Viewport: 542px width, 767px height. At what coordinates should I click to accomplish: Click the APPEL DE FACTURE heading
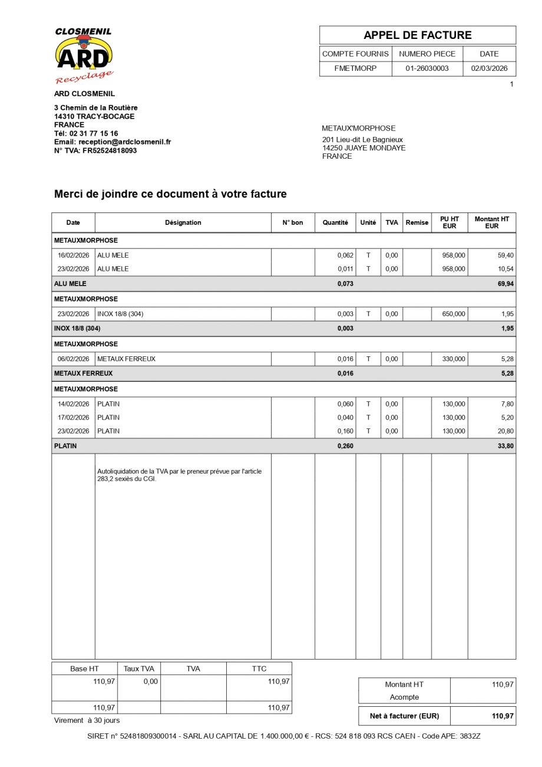pyautogui.click(x=417, y=35)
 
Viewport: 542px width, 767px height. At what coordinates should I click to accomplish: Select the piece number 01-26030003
pyautogui.click(x=427, y=68)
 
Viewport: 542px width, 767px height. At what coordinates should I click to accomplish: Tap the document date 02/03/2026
pyautogui.click(x=489, y=68)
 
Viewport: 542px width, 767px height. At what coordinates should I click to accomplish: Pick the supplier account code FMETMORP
pyautogui.click(x=355, y=68)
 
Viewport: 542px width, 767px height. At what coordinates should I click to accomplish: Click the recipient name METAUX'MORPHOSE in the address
pyautogui.click(x=358, y=128)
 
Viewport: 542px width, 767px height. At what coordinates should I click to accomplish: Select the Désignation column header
pyautogui.click(x=183, y=222)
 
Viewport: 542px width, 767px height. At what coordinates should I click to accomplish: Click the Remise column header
pyautogui.click(x=417, y=222)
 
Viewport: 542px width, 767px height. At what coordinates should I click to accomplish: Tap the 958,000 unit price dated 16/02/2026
pyautogui.click(x=453, y=255)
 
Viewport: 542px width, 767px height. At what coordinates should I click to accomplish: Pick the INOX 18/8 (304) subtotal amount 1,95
pyautogui.click(x=507, y=329)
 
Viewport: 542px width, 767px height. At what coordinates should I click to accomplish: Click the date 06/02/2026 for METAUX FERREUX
pyautogui.click(x=73, y=359)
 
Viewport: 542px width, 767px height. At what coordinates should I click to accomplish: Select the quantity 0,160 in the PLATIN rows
pyautogui.click(x=345, y=431)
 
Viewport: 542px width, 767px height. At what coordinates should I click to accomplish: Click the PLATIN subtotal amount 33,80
pyautogui.click(x=505, y=446)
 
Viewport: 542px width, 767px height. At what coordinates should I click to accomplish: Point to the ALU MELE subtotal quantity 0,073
pyautogui.click(x=345, y=284)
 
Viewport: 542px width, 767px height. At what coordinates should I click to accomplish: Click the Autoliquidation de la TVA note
pyautogui.click(x=179, y=475)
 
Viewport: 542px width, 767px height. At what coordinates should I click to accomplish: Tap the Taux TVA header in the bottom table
pyautogui.click(x=138, y=668)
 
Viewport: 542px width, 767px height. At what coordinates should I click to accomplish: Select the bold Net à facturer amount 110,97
pyautogui.click(x=502, y=716)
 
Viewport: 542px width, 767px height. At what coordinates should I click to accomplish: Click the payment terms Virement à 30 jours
pyautogui.click(x=87, y=720)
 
